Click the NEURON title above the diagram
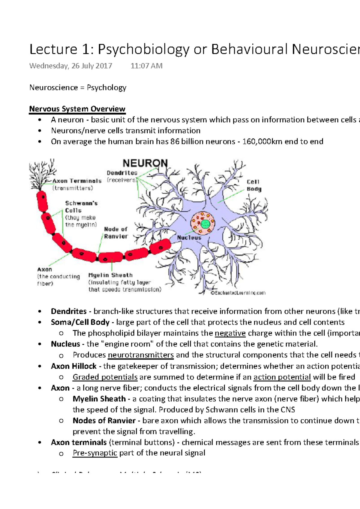click(x=145, y=163)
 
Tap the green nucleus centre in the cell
click(x=205, y=224)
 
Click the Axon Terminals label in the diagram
click(x=77, y=181)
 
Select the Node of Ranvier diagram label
click(x=116, y=233)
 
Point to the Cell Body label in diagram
click(x=254, y=185)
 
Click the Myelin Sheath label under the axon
click(x=110, y=275)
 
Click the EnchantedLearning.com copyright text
click(x=238, y=293)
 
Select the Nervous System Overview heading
click(x=77, y=109)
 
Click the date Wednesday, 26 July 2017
click(x=71, y=66)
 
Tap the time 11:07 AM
click(x=146, y=66)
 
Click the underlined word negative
click(x=230, y=333)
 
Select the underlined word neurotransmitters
click(x=141, y=355)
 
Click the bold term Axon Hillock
click(x=74, y=366)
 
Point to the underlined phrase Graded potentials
click(x=105, y=377)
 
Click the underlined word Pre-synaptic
click(x=95, y=453)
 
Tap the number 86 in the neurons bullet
click(x=175, y=141)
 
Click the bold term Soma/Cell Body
click(x=80, y=322)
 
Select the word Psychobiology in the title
click(x=144, y=49)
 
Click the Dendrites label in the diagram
click(x=122, y=173)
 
